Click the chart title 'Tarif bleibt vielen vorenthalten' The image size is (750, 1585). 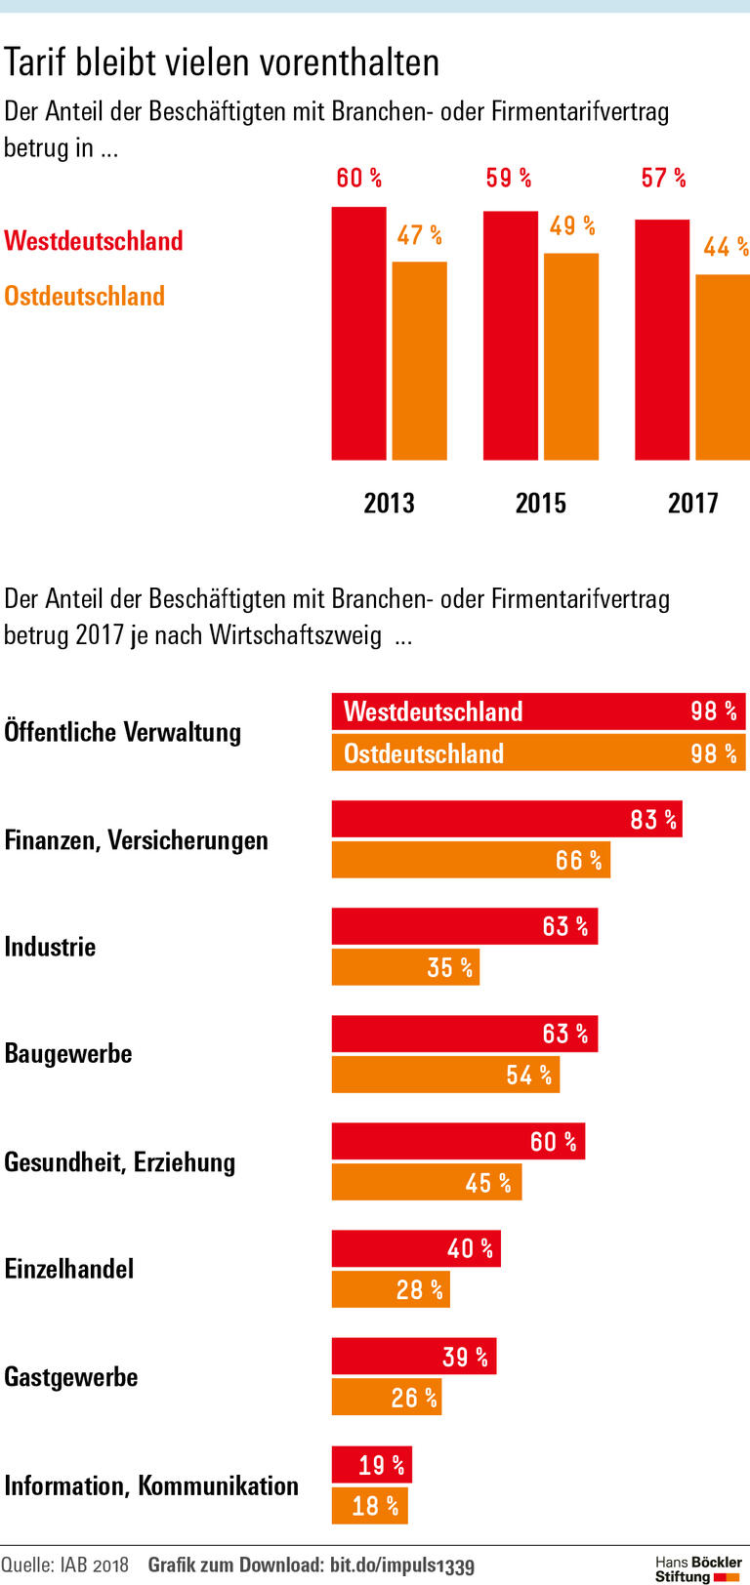coord(222,62)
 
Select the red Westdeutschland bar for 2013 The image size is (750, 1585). coord(358,334)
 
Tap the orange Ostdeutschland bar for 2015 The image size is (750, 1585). coord(570,356)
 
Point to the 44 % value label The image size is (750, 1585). coord(725,247)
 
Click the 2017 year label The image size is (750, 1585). coord(692,503)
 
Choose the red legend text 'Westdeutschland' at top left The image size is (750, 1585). coord(94,241)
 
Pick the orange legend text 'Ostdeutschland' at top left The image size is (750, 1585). coord(85,296)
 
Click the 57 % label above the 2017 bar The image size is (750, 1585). coord(663,179)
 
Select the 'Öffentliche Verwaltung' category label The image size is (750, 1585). coord(123,732)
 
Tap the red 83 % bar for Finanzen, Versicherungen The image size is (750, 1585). coord(506,819)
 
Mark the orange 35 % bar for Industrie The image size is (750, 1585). coord(405,967)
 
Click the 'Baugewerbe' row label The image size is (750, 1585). coord(68,1054)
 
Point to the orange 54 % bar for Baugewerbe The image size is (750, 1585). coord(445,1075)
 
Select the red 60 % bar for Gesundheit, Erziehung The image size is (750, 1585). coord(457,1141)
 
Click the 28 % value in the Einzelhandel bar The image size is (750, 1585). coord(419,1290)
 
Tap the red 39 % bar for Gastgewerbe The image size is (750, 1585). coord(413,1357)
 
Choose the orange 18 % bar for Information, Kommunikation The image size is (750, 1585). coord(369,1506)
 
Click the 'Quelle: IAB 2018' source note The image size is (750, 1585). coord(64,1565)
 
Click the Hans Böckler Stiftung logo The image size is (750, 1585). coord(697,1568)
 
